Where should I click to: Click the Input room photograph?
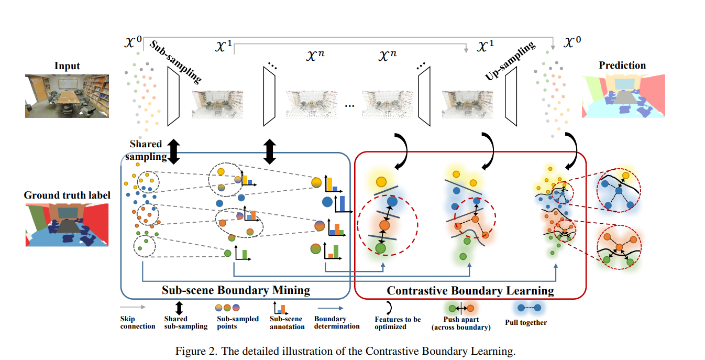(67, 95)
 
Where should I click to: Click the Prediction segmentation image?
(622, 95)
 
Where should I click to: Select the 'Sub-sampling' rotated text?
(176, 61)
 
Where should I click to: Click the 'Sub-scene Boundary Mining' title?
(236, 290)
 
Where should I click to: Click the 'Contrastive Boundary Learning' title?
(470, 290)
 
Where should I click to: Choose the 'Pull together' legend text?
(526, 322)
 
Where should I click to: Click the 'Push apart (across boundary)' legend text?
(460, 323)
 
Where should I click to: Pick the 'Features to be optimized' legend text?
(398, 323)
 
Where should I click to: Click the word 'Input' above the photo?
(67, 66)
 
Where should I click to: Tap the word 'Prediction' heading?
(622, 66)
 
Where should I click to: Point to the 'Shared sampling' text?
(146, 150)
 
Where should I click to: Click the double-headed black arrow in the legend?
(179, 308)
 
